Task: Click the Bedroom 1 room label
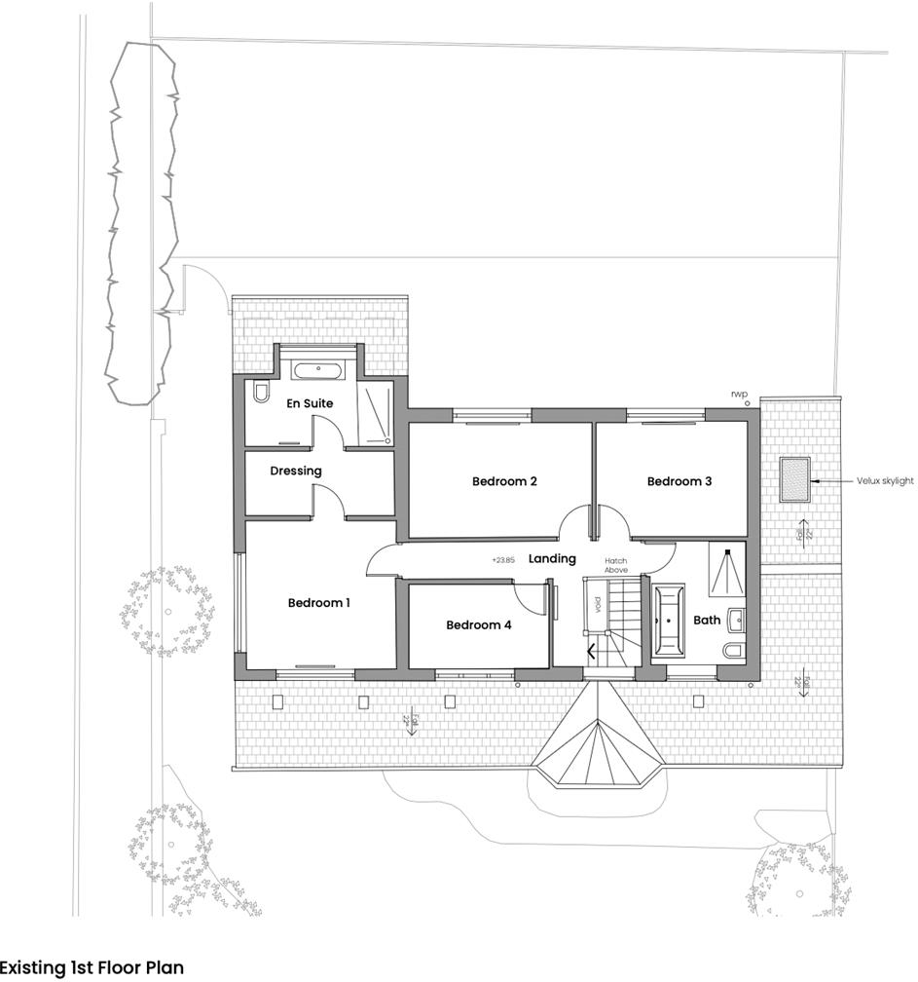pyautogui.click(x=318, y=603)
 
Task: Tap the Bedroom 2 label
pyautogui.click(x=504, y=481)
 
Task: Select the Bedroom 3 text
pyautogui.click(x=679, y=481)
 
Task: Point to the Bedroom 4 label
pyautogui.click(x=478, y=625)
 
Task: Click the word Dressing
pyautogui.click(x=296, y=472)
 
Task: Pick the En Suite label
pyautogui.click(x=310, y=403)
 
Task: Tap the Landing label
pyautogui.click(x=552, y=559)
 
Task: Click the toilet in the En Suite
pyautogui.click(x=260, y=392)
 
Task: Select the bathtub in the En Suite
pyautogui.click(x=317, y=371)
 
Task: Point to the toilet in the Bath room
pyautogui.click(x=733, y=651)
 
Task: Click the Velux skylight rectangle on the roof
pyautogui.click(x=793, y=480)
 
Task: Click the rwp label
pyautogui.click(x=740, y=394)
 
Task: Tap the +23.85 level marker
pyautogui.click(x=502, y=560)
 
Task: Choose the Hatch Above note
pyautogui.click(x=616, y=565)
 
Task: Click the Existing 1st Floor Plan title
pyautogui.click(x=92, y=968)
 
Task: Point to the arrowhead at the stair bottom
pyautogui.click(x=591, y=653)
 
